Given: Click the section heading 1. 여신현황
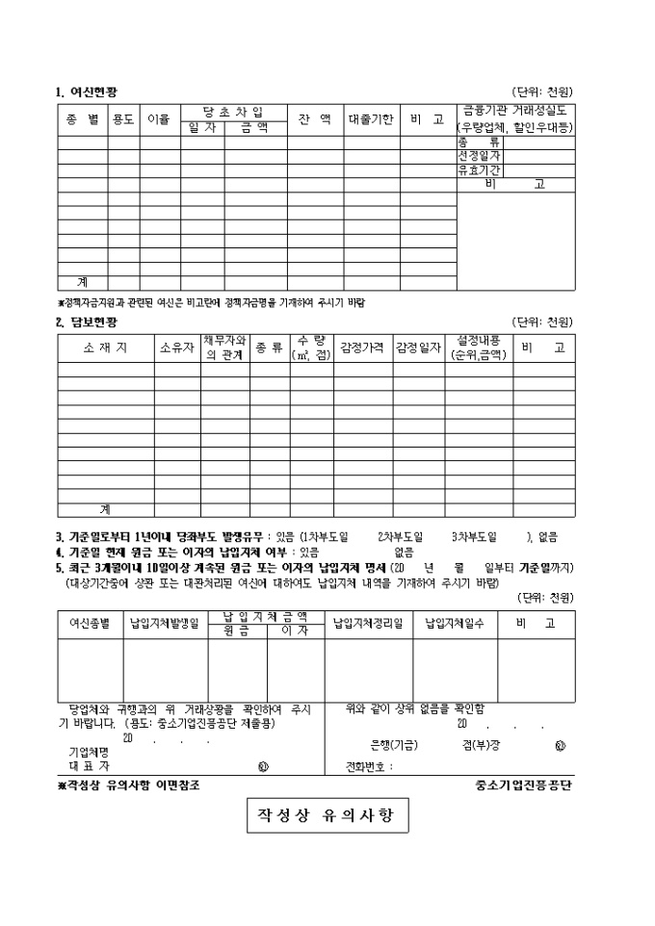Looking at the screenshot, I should [x=87, y=91].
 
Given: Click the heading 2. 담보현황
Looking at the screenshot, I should [x=87, y=322].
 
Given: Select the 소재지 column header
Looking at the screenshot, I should [x=105, y=347].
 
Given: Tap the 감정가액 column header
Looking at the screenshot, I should [x=362, y=347].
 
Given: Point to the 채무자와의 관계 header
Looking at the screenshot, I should [x=225, y=347].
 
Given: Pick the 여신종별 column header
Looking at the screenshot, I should [x=90, y=623].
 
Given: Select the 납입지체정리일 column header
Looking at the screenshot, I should [x=368, y=623].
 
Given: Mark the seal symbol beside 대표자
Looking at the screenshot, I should [x=263, y=766].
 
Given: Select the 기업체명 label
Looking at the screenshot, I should [x=89, y=751].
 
